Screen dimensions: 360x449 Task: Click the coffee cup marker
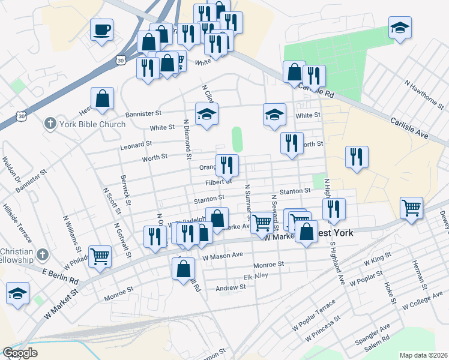pos(101,29)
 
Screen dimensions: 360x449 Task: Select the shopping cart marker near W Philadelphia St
pos(100,257)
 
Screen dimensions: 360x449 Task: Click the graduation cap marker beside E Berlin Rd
pos(17,294)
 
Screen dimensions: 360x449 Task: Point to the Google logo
pos(20,353)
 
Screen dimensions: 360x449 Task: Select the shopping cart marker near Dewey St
pos(412,208)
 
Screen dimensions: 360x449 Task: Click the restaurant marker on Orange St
pos(227,165)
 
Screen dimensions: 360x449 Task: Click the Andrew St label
pos(231,287)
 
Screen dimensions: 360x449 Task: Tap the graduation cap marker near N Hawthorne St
pos(400,28)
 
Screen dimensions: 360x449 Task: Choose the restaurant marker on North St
pos(292,143)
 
